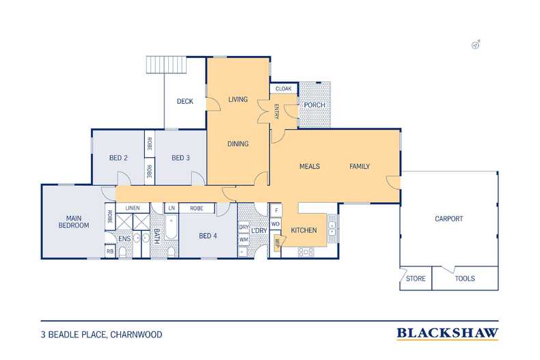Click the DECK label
click(185, 102)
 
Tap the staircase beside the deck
click(166, 66)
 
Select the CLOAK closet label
click(283, 89)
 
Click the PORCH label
click(314, 105)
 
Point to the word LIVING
click(237, 100)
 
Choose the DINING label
click(237, 144)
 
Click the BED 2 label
click(118, 158)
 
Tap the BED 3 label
click(180, 158)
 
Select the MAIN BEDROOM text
click(73, 221)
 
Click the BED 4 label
click(208, 236)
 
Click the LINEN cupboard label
click(133, 208)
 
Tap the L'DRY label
click(259, 231)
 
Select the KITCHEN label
click(303, 231)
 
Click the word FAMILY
click(360, 167)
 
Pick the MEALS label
click(310, 167)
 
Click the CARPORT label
click(448, 219)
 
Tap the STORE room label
click(416, 279)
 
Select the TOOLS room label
click(464, 279)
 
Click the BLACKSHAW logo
click(447, 333)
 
